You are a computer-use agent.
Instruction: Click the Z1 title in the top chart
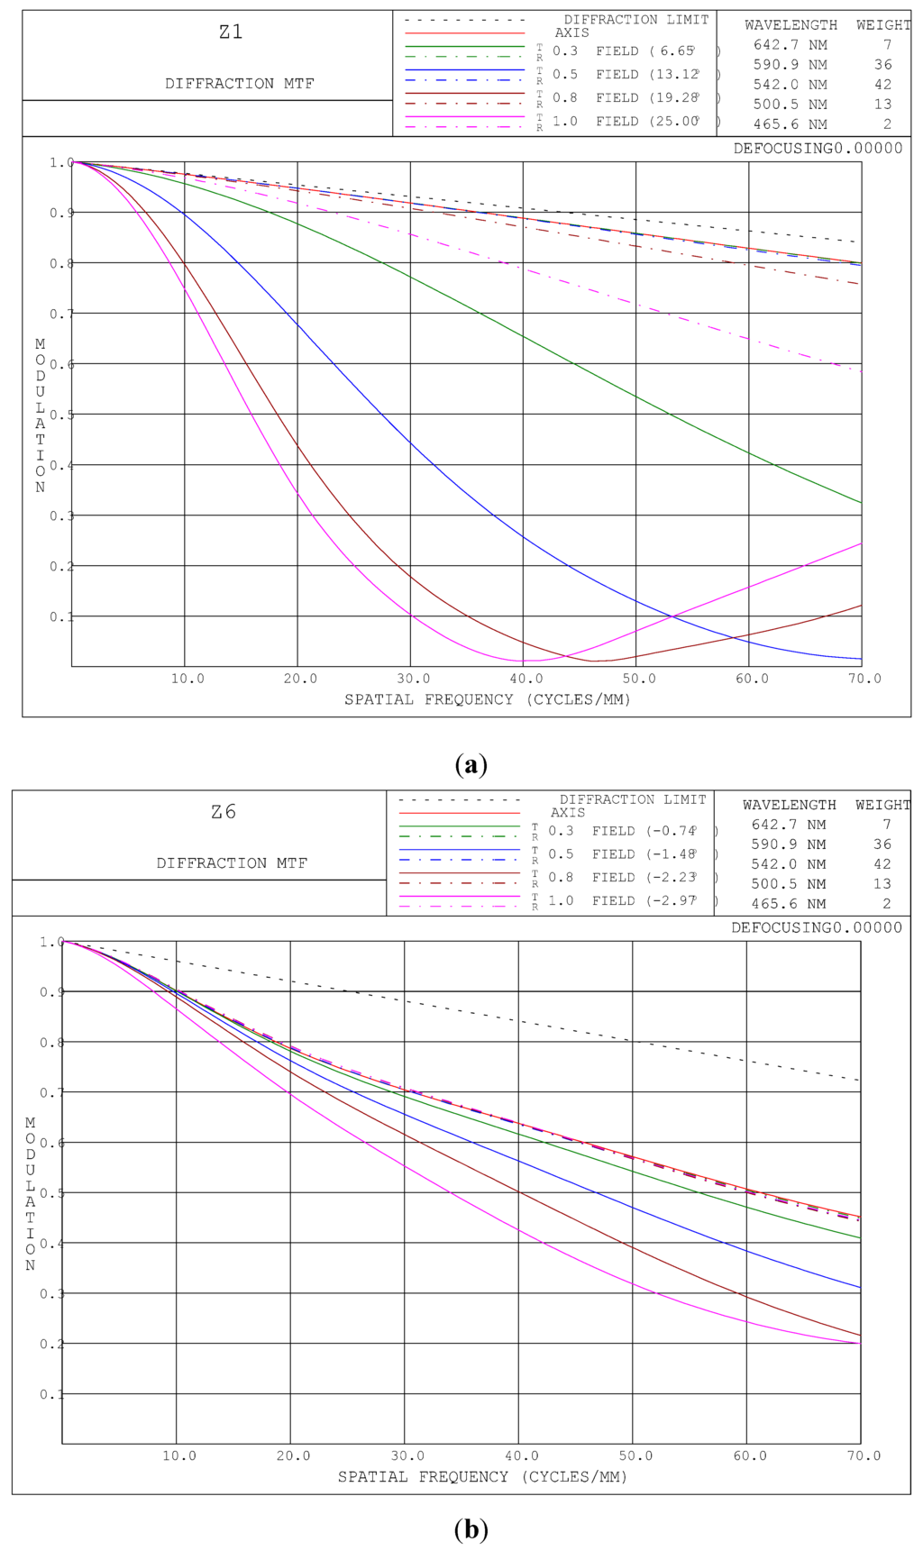(x=231, y=32)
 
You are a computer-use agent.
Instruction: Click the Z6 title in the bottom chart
(x=224, y=812)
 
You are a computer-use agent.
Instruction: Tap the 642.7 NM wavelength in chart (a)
(x=790, y=45)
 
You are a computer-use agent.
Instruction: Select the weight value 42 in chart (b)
(x=882, y=864)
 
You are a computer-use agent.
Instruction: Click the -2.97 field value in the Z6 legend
(x=672, y=901)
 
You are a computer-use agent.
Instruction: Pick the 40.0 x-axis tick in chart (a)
(x=526, y=679)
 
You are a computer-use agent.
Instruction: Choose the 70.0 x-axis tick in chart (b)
(x=864, y=1456)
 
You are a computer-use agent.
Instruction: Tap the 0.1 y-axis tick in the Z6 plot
(x=51, y=1395)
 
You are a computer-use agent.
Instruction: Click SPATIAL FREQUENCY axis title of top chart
(x=487, y=699)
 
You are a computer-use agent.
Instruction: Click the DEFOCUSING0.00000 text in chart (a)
(x=818, y=149)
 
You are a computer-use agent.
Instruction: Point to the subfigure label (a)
(x=471, y=765)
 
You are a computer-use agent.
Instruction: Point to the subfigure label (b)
(x=471, y=1529)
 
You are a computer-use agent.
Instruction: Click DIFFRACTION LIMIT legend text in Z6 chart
(x=633, y=799)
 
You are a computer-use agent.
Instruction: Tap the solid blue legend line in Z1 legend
(x=464, y=69)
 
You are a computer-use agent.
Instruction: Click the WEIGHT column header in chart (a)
(x=882, y=25)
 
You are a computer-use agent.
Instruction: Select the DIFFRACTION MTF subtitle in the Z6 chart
(x=232, y=863)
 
